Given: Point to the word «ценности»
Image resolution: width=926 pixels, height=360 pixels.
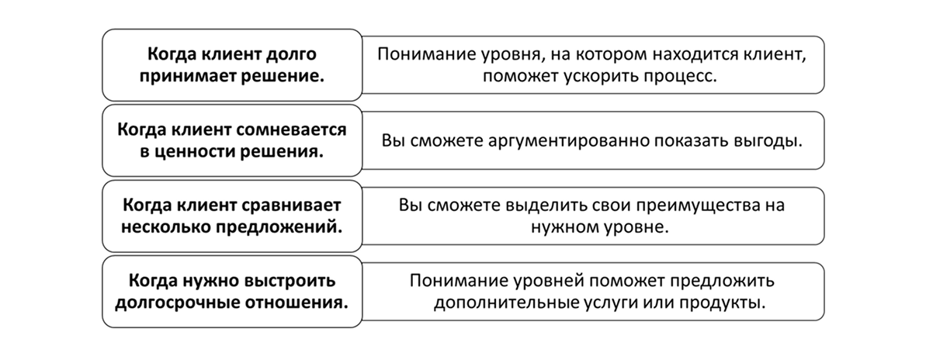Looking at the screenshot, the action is pos(196,152).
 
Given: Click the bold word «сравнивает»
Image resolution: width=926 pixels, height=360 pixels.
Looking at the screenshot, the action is pos(292,206).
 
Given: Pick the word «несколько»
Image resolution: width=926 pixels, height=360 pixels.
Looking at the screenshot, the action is pos(161,228).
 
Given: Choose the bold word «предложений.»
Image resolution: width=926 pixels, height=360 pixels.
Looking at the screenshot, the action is pos(275,228).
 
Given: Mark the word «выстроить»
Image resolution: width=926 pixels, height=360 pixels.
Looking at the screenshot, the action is pos(292,281).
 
